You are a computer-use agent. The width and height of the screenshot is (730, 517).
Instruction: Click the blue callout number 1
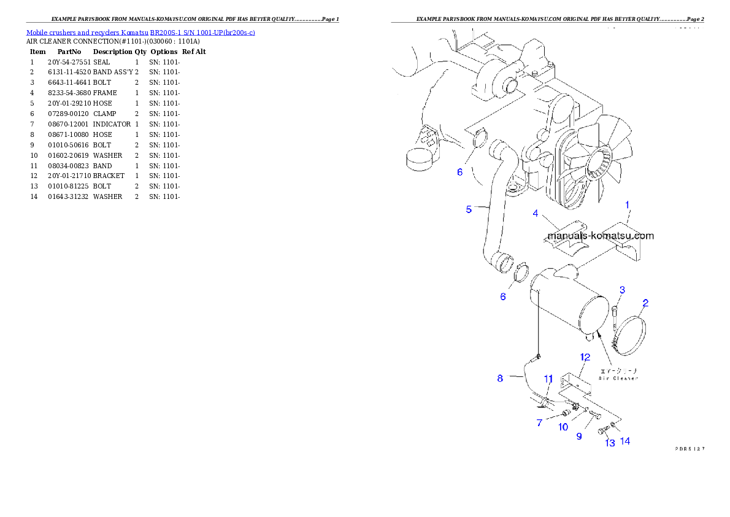627,204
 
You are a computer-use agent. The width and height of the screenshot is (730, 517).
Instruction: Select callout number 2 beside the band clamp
645,303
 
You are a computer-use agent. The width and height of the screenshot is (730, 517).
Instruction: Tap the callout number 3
621,290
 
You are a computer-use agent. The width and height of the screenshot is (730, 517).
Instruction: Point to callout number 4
536,214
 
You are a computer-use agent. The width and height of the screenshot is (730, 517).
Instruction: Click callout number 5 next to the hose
469,209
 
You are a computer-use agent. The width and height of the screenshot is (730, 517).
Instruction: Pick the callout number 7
539,423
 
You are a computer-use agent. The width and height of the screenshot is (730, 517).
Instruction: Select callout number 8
500,378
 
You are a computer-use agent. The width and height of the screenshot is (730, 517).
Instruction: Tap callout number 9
578,437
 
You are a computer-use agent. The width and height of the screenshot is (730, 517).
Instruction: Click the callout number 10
563,427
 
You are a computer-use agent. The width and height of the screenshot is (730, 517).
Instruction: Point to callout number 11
548,378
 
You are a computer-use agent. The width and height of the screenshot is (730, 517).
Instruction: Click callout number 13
610,443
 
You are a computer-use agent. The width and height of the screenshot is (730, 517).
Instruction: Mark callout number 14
624,441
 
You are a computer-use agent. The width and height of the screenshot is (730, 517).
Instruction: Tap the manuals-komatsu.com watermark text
600,236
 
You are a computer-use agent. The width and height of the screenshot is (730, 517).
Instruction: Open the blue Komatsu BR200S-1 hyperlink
140,32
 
